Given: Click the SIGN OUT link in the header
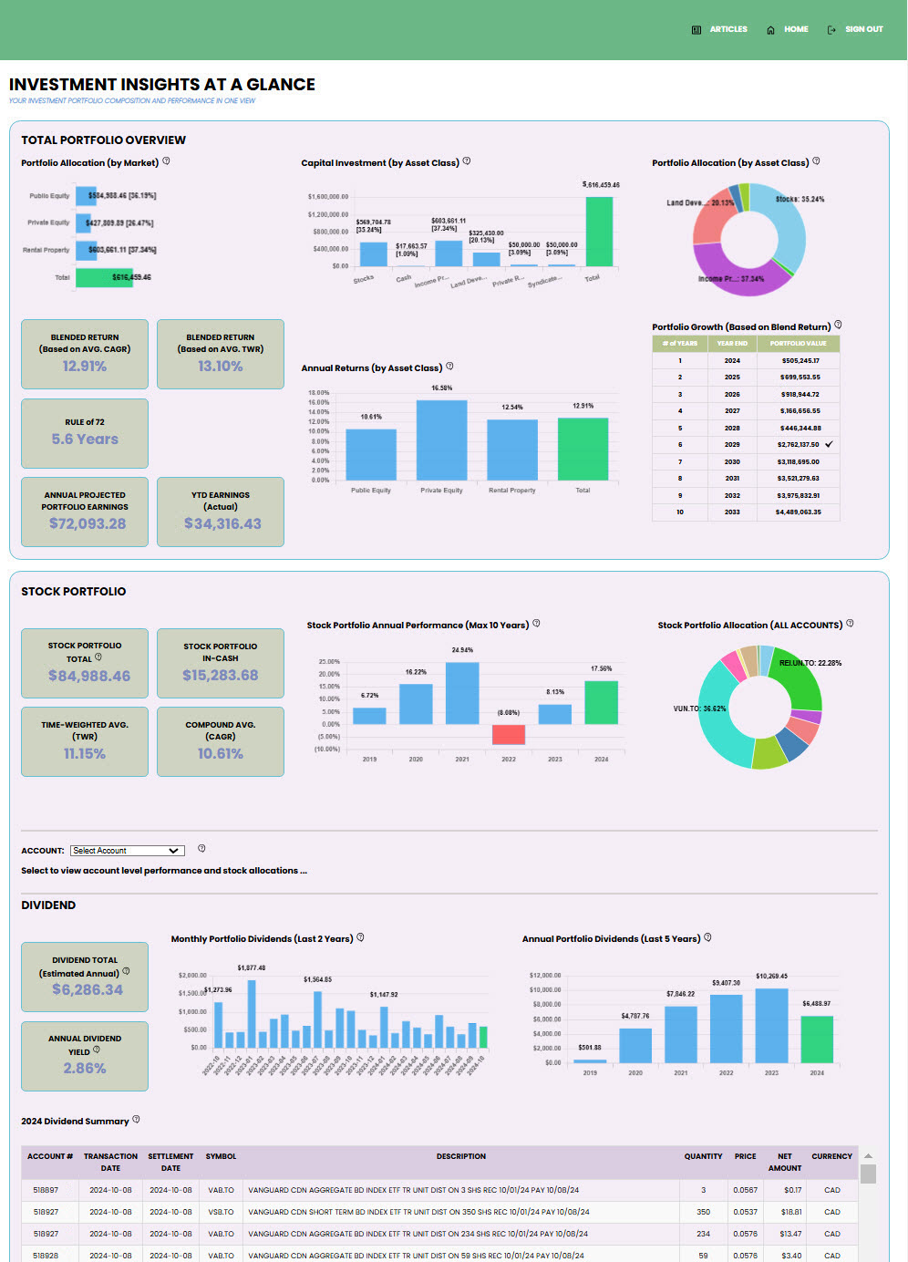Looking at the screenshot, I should tap(862, 29).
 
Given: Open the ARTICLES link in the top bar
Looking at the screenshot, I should tap(727, 29).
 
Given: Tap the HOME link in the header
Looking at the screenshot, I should tap(795, 29).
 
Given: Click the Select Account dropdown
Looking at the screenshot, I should tap(128, 851).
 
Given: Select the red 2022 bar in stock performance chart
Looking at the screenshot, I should tap(509, 734).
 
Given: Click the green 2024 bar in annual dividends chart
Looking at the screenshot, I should tap(817, 1039).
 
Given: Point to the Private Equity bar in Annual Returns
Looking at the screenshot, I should tap(441, 440).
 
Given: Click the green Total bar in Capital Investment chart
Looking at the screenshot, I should tap(599, 232).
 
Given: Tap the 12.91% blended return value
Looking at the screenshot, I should tap(85, 367).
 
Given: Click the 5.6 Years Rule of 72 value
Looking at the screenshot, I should tap(85, 440).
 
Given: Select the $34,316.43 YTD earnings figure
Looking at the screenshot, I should tap(222, 523).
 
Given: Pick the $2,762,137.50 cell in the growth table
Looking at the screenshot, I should tap(798, 445).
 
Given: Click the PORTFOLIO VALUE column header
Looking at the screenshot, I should tap(798, 344).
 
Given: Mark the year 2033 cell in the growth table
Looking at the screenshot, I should tap(732, 512).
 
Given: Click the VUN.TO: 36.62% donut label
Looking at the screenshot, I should tap(699, 709).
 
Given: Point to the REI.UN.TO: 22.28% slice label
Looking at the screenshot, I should tap(810, 663).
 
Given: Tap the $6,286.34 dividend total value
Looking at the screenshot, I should tap(87, 989).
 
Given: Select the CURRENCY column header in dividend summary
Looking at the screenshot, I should tap(831, 1156).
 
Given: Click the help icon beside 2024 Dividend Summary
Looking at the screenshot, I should tap(136, 1120).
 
